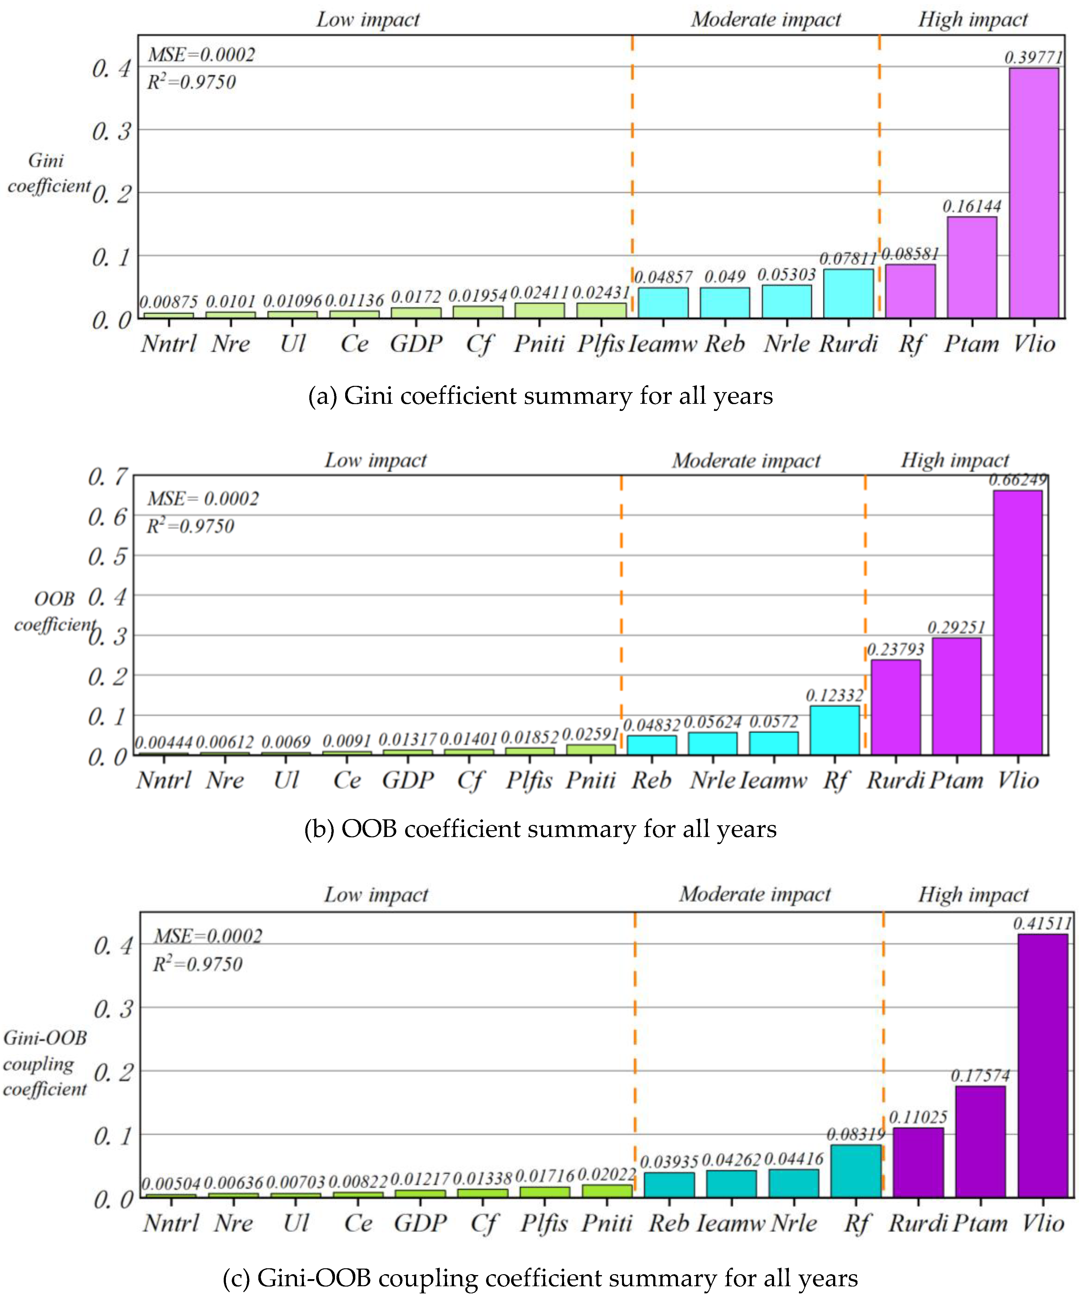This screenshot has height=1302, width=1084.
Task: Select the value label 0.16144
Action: point(971,207)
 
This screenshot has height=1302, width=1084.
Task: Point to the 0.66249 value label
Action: point(1017,480)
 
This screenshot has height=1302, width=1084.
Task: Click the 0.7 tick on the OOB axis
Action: point(108,477)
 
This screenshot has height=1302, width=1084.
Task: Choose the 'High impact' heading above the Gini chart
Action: point(972,20)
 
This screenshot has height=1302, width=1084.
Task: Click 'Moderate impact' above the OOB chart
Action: point(746,461)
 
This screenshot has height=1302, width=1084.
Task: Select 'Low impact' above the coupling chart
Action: point(376,895)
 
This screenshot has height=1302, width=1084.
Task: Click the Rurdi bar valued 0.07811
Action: point(848,293)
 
